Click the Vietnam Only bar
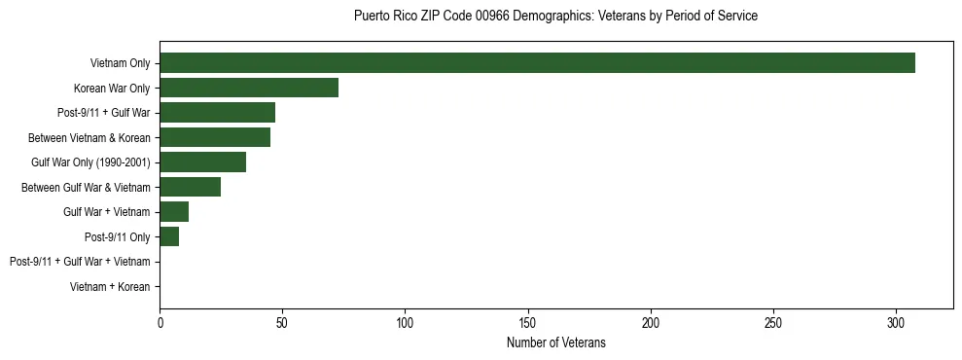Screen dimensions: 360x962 pyautogui.click(x=537, y=63)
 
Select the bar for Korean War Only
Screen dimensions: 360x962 pyautogui.click(x=249, y=88)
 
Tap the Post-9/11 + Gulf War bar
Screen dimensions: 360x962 pyautogui.click(x=217, y=113)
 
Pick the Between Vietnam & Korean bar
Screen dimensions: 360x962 pyautogui.click(x=215, y=137)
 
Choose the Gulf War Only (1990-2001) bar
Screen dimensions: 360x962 pyautogui.click(x=202, y=162)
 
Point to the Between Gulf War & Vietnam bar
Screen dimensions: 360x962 pyautogui.click(x=190, y=187)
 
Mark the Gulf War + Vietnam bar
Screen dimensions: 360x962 pyautogui.click(x=174, y=212)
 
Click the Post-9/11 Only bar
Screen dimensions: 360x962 pyautogui.click(x=169, y=237)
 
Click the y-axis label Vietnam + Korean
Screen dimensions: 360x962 pyautogui.click(x=110, y=287)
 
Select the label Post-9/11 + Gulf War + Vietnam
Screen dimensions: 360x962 pyautogui.click(x=80, y=262)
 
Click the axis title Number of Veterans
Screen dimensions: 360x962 pyautogui.click(x=555, y=342)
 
